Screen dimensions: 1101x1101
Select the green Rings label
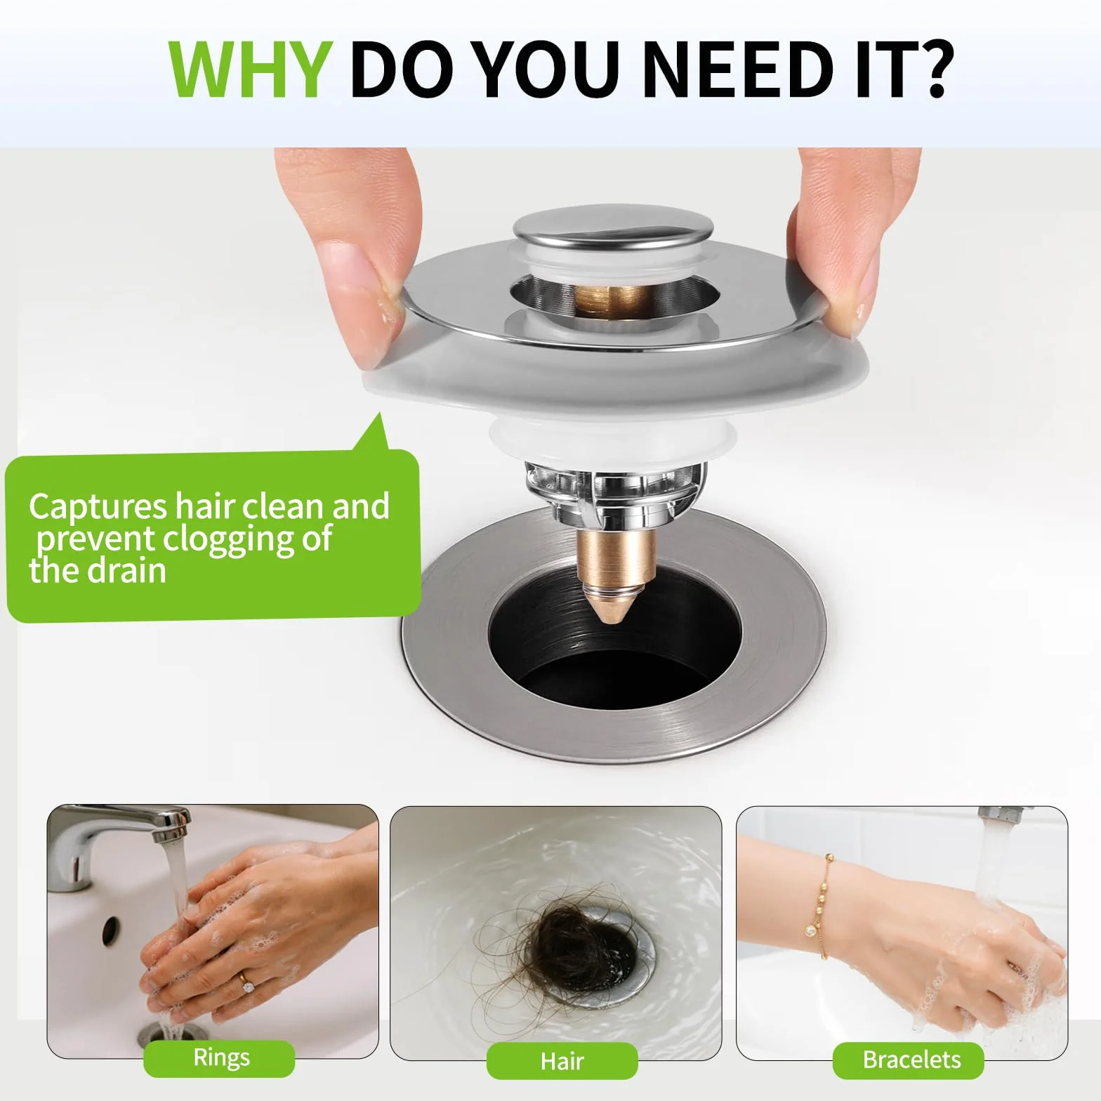tap(221, 1058)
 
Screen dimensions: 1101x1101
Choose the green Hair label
tap(562, 1060)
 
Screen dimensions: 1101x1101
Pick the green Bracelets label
tap(911, 1060)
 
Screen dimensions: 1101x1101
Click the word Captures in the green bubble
tap(98, 506)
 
